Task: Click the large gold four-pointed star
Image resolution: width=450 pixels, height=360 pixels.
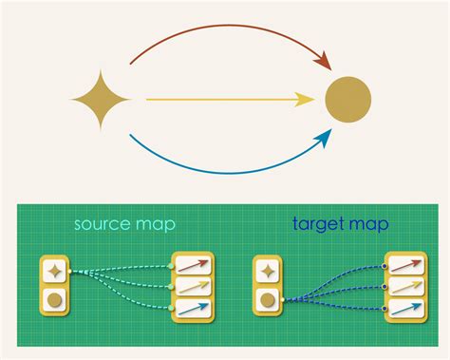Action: [100, 99]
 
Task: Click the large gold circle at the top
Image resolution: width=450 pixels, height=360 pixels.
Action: [348, 99]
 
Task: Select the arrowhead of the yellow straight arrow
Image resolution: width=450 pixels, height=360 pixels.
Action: [306, 99]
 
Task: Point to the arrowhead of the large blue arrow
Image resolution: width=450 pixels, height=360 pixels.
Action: [324, 140]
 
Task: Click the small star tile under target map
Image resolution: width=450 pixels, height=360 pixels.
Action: [269, 272]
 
